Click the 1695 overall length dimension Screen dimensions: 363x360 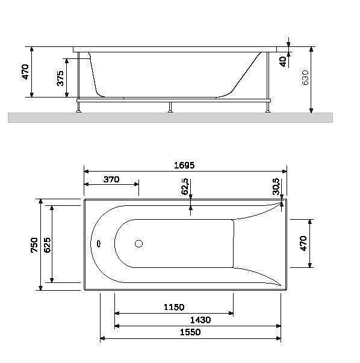coord(185,165)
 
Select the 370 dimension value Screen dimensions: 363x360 coord(111,179)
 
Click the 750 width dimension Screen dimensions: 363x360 coord(35,245)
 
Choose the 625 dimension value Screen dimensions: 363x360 coord(47,244)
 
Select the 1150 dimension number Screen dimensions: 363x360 coord(173,308)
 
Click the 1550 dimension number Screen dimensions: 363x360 coord(190,332)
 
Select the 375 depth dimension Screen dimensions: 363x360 coord(60,78)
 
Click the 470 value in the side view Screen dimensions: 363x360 coord(25,72)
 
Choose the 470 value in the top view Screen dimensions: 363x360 coord(303,243)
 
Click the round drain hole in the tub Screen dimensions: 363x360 coord(138,244)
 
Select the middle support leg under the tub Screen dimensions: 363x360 coord(170,107)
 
